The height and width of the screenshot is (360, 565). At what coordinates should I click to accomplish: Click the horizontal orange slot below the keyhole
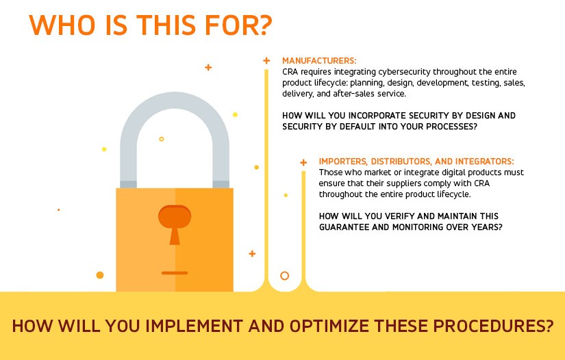pos(175,273)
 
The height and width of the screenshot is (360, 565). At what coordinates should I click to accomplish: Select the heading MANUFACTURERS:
pos(319,60)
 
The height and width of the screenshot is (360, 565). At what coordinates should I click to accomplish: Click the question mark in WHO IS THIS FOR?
pos(264,25)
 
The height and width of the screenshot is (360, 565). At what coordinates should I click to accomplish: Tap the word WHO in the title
pos(62,25)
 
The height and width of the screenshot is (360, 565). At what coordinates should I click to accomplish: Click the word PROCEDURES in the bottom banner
pos(493,326)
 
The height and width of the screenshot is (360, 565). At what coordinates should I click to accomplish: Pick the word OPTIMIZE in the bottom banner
pos(329,326)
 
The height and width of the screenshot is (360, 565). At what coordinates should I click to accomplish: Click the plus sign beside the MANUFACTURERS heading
pos(266,60)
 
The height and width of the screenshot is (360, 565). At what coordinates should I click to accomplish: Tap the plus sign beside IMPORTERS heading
pos(303,163)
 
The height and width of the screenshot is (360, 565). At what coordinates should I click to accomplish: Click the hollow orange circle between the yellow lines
pos(285,276)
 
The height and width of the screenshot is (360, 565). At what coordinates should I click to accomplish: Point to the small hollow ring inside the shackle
pos(162,139)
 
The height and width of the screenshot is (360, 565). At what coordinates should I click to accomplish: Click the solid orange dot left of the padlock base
pos(100,275)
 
